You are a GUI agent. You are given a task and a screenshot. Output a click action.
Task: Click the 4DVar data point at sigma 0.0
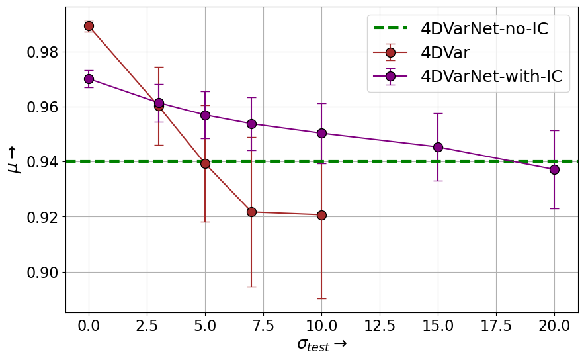tap(89, 26)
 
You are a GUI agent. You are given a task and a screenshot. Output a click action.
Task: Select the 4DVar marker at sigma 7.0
tap(251, 212)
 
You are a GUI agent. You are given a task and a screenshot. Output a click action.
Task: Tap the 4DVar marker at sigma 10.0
tap(321, 215)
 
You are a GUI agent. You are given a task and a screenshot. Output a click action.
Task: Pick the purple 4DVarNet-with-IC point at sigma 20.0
tap(554, 169)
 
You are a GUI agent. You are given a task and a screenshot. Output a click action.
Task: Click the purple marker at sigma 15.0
tap(438, 147)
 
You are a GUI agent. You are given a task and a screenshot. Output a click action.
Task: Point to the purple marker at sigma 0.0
tap(89, 79)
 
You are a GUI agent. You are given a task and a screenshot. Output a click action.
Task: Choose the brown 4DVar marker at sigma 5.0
tap(205, 163)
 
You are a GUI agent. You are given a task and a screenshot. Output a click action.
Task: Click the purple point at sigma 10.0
tap(321, 133)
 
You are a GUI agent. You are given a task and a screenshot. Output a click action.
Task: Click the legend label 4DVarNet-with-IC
tap(491, 76)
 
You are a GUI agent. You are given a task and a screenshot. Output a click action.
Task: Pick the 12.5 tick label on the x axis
tap(380, 326)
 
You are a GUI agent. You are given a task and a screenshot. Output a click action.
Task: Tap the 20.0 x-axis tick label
tap(554, 326)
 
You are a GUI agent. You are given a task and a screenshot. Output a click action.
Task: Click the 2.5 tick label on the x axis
tap(147, 326)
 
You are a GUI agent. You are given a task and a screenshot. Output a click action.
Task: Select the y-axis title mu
tap(14, 159)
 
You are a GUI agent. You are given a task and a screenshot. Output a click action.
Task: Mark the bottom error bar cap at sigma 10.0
tap(321, 298)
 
